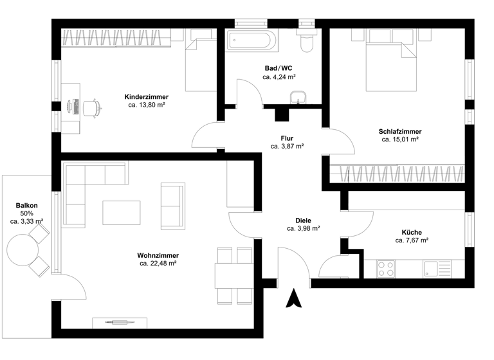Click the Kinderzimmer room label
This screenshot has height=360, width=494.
(147, 96)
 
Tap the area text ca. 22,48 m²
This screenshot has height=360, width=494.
(158, 263)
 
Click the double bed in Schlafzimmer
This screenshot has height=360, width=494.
(390, 61)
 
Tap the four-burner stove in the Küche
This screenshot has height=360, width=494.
(386, 268)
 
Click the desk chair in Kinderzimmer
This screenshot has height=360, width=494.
(93, 107)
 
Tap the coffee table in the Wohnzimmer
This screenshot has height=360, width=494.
(121, 212)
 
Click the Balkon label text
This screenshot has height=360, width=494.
(27, 206)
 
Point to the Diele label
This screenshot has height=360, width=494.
(303, 221)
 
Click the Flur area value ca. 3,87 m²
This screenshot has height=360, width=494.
(287, 146)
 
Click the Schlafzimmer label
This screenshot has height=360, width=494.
(400, 131)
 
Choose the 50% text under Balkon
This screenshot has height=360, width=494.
(27, 213)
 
